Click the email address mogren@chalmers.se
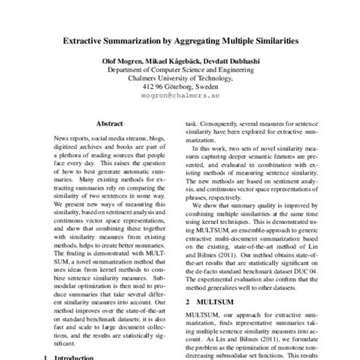[180, 98]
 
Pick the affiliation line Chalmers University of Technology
[180, 77]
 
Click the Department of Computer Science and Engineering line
[180, 68]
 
